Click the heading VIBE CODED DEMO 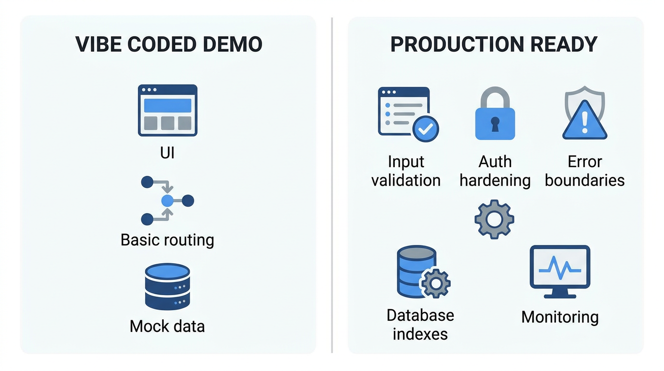pos(169,44)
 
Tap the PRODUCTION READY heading pos(494,44)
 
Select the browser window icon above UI pos(167,110)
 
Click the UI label pos(167,153)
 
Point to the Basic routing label pos(167,240)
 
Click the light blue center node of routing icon pos(167,201)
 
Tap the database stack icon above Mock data pos(167,286)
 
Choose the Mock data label pos(167,326)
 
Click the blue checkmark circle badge pos(425,128)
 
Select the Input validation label pos(406,171)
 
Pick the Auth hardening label pos(495,171)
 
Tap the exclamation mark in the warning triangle pos(585,123)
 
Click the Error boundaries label pos(585,171)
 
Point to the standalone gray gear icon pos(494,219)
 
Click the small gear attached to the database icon pos(436,283)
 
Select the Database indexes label pos(420,324)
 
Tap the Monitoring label pos(560,317)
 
